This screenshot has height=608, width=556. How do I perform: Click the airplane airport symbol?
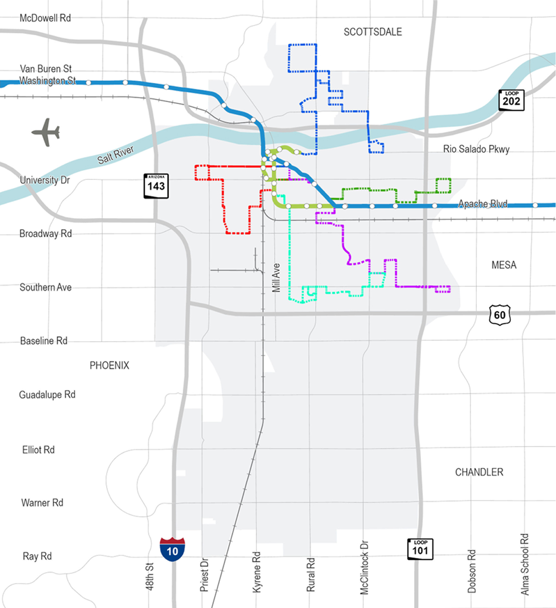pyautogui.click(x=46, y=133)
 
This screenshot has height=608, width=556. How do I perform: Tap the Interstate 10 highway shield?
pyautogui.click(x=172, y=549)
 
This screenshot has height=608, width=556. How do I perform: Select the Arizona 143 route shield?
pyautogui.click(x=156, y=185)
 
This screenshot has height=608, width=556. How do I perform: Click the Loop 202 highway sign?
pyautogui.click(x=511, y=100)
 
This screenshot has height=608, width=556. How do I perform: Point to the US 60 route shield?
pyautogui.click(x=500, y=315)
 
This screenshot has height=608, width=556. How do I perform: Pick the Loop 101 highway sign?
pyautogui.click(x=420, y=549)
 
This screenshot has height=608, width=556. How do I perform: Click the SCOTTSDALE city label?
pyautogui.click(x=372, y=32)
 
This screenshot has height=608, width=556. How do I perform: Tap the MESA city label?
pyautogui.click(x=503, y=265)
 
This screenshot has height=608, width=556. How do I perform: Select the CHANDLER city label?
pyautogui.click(x=479, y=472)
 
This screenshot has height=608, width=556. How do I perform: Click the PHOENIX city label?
pyautogui.click(x=109, y=365)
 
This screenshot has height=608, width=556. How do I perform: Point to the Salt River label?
pyautogui.click(x=115, y=155)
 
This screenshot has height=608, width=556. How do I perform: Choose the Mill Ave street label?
pyautogui.click(x=276, y=278)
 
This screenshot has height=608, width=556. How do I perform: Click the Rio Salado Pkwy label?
pyautogui.click(x=476, y=149)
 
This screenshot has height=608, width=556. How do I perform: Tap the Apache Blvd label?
pyautogui.click(x=482, y=204)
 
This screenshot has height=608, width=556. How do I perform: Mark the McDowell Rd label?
pyautogui.click(x=45, y=18)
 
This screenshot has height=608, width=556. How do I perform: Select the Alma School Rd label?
pyautogui.click(x=525, y=564)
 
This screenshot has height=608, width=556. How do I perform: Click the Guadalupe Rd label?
pyautogui.click(x=47, y=394)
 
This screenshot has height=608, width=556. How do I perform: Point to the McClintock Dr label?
pyautogui.click(x=365, y=568)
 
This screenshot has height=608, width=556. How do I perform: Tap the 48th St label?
pyautogui.click(x=150, y=576)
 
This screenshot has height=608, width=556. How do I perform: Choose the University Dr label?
pyautogui.click(x=45, y=180)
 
